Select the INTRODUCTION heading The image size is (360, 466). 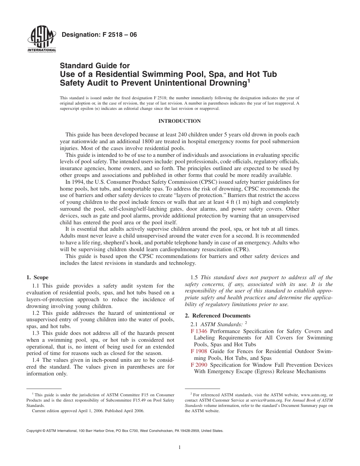point(179,121)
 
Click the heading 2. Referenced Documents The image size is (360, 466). point(218,316)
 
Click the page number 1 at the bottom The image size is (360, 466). point(180,447)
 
